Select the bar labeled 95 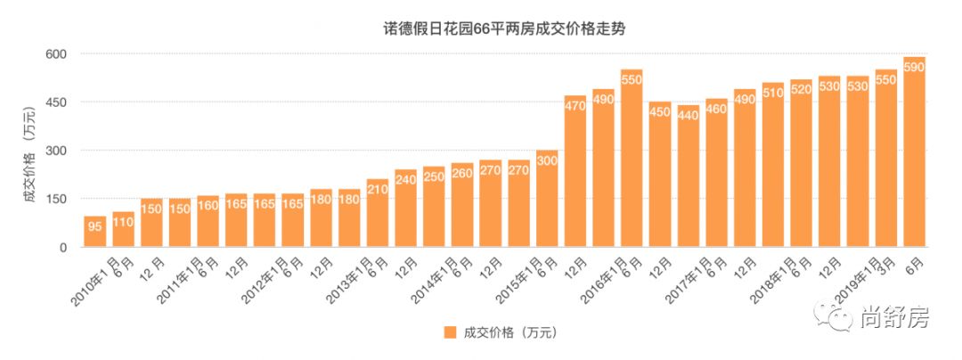pos(95,232)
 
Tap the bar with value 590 pos(915,151)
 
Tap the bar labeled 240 pos(406,209)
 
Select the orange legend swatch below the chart pos(451,332)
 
